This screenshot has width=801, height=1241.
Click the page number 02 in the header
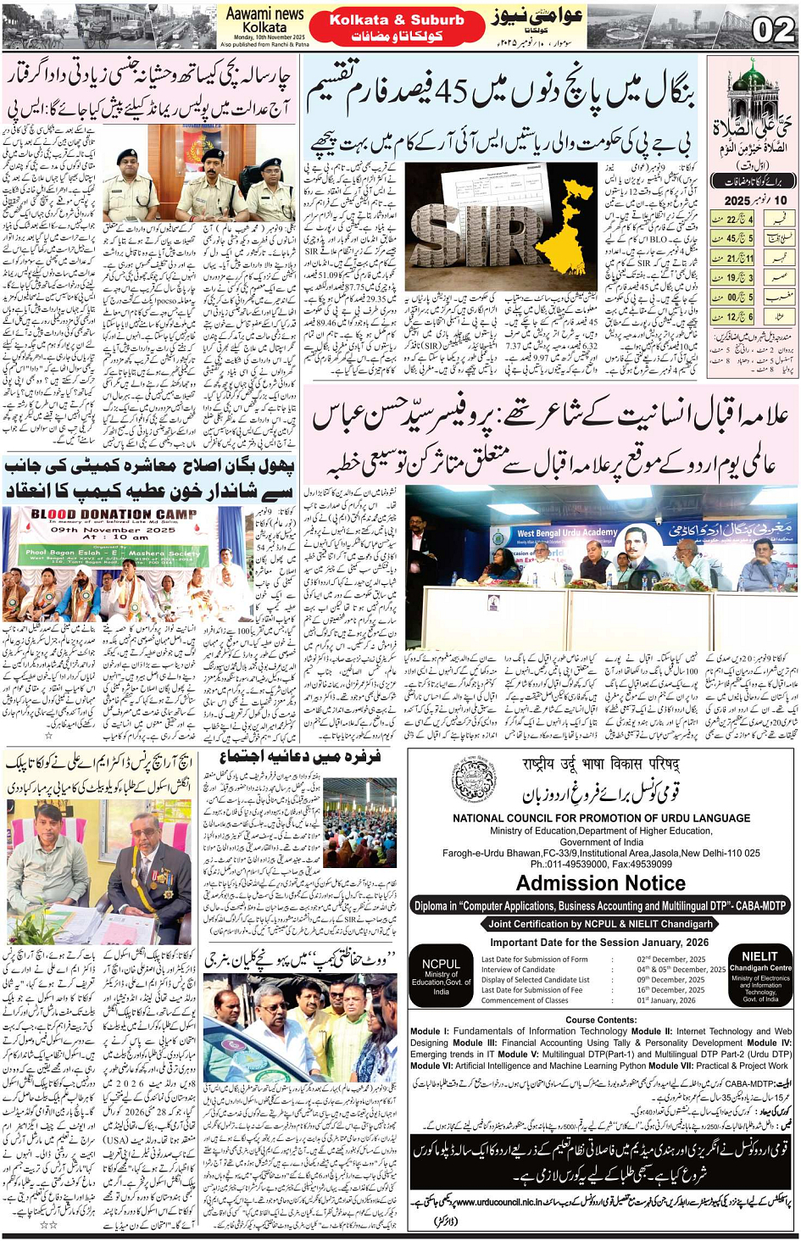point(772,30)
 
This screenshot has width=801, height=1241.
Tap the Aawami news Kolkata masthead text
point(264,20)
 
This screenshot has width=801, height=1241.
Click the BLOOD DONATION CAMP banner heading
point(114,515)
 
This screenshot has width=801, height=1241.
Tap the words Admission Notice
point(600,883)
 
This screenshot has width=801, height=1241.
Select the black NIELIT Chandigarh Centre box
point(760,975)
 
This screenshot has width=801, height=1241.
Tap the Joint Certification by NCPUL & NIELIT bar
point(600,924)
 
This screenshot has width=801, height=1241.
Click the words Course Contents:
point(601,1020)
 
